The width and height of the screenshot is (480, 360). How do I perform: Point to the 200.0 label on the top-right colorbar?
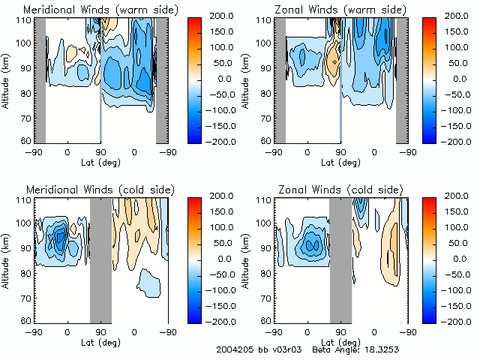(x=454, y=15)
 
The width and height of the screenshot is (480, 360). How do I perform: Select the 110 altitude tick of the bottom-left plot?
(x=23, y=200)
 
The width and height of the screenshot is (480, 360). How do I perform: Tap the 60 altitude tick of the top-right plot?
(x=265, y=139)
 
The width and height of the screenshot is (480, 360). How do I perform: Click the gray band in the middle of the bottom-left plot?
(x=100, y=259)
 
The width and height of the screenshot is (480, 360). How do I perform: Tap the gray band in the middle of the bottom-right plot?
(x=340, y=259)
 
